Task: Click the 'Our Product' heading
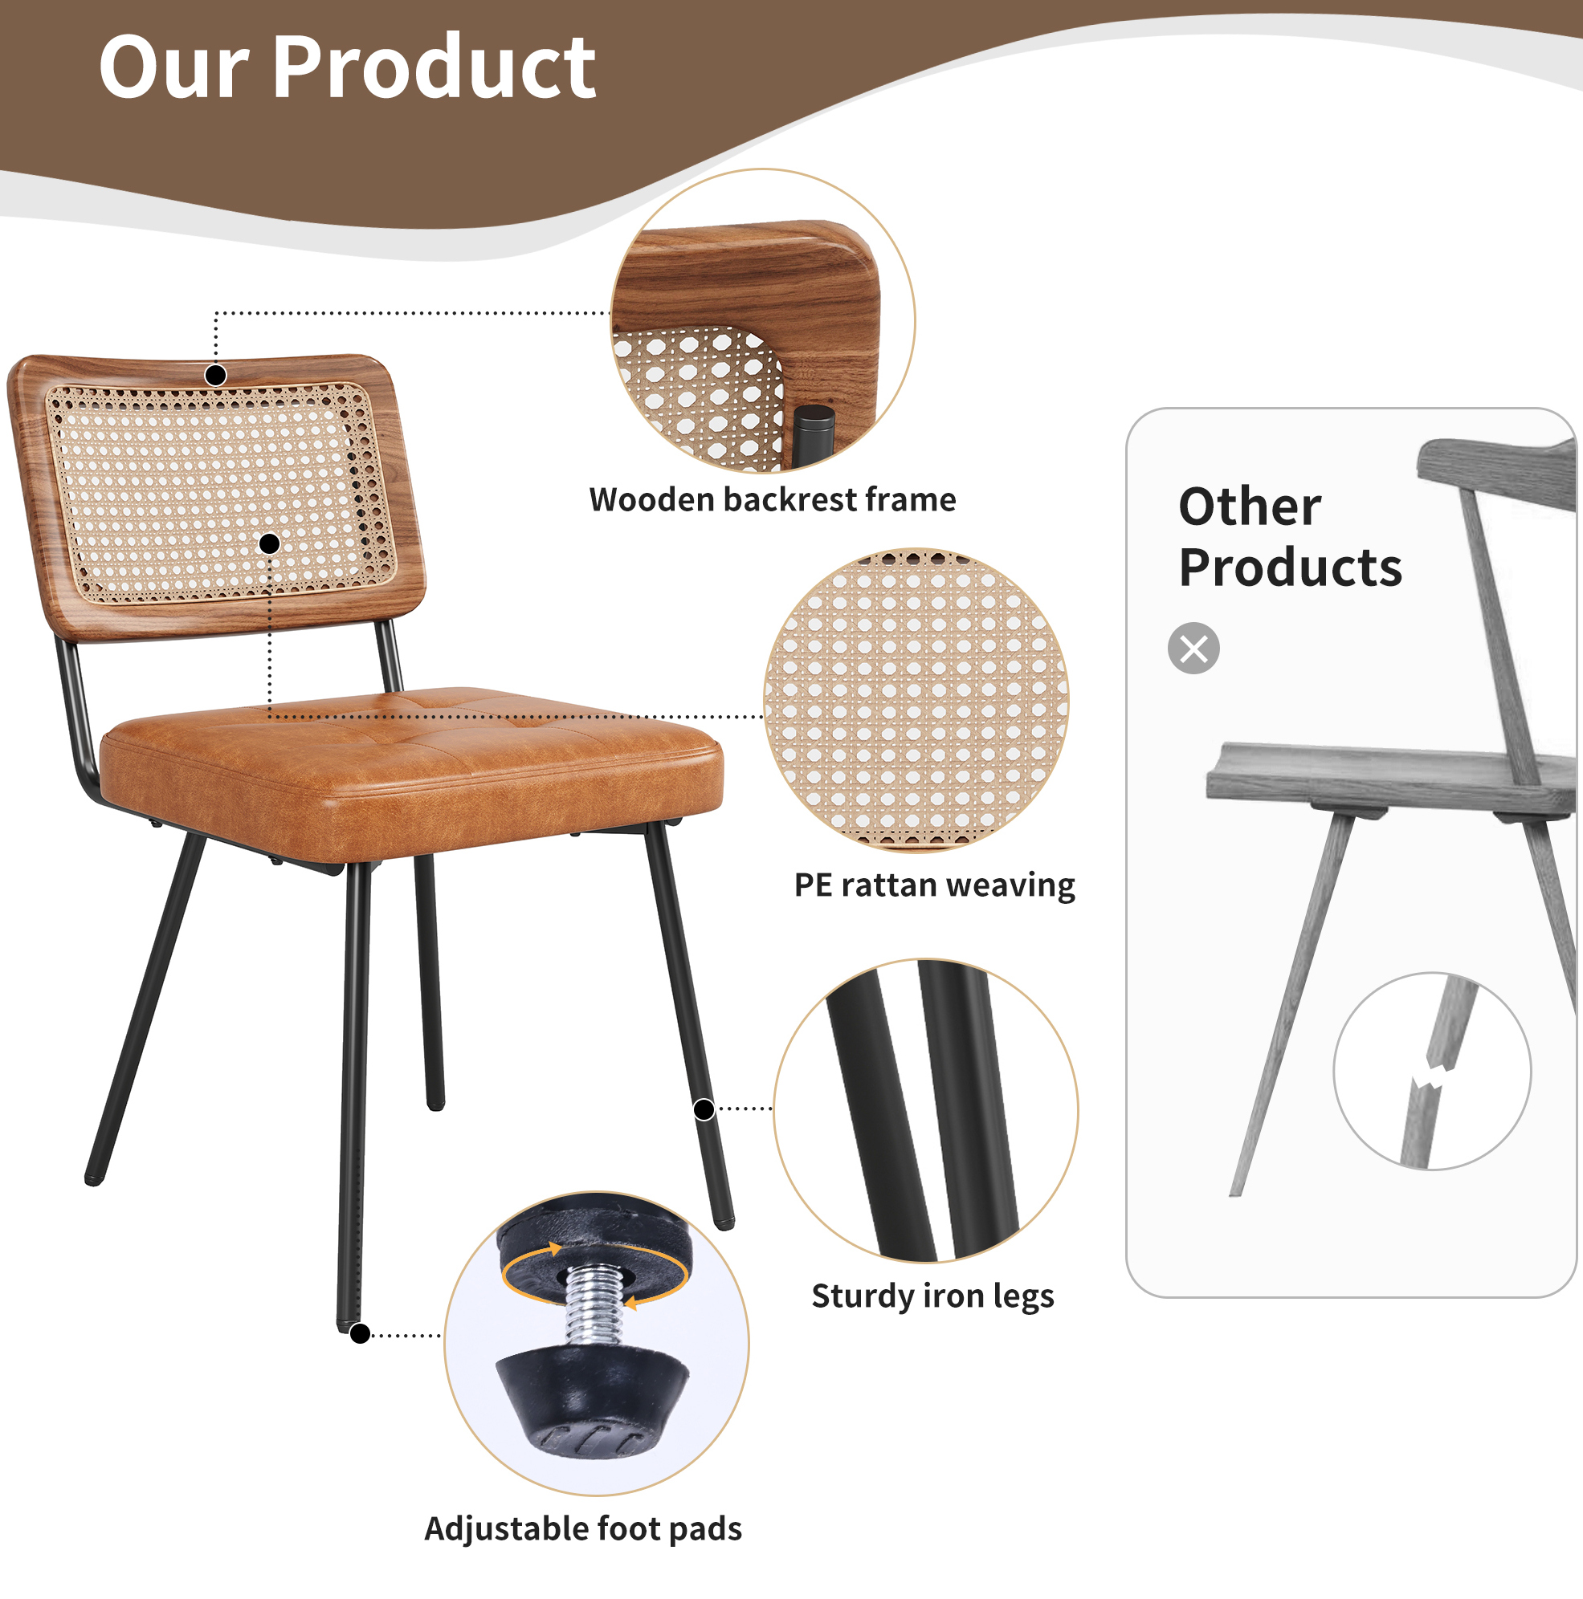coord(347,68)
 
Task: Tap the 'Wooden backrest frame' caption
coord(773,500)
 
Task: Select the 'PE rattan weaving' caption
coord(935,885)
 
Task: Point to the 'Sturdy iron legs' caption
coord(933,1296)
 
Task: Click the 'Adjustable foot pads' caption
coord(583,1528)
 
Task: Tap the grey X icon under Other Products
coord(1193,648)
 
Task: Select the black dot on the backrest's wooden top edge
coord(215,376)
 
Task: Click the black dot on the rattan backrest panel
coord(269,543)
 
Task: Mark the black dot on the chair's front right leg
coord(704,1110)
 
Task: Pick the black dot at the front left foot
coord(360,1333)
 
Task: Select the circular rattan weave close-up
coord(916,700)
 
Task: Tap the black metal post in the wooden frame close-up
coord(813,436)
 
